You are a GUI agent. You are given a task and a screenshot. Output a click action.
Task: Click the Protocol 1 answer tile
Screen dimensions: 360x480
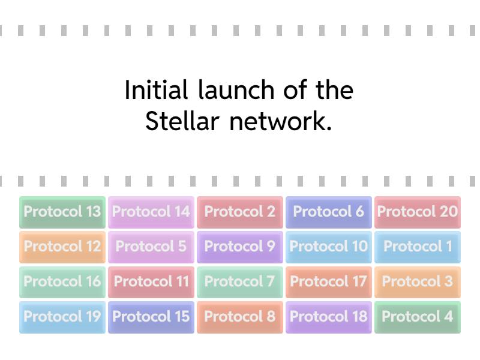coord(418,247)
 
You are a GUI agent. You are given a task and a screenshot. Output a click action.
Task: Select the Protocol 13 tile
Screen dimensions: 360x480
coord(62,212)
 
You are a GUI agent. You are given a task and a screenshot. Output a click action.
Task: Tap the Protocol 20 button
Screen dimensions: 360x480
coord(418,212)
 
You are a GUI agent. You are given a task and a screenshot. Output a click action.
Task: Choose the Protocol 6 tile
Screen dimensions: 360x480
coord(329,212)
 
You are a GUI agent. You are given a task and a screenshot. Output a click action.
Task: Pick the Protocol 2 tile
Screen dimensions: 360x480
coord(240,212)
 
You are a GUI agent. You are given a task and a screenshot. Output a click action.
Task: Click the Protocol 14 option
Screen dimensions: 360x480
coord(151,212)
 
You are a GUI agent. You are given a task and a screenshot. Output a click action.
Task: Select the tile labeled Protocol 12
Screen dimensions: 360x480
coord(62,247)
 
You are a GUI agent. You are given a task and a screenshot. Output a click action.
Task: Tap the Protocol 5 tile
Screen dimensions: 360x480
coord(151,247)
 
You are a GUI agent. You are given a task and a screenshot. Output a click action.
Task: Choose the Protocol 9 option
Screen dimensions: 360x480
coord(240,247)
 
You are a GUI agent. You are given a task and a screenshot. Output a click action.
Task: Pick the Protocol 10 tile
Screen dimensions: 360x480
coord(329,247)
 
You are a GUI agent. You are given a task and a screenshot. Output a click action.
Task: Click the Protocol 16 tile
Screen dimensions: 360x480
coord(62,281)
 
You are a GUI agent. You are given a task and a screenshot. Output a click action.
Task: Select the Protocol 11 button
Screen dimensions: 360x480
coord(151,281)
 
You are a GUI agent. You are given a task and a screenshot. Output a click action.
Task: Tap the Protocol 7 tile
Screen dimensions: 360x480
coord(240,281)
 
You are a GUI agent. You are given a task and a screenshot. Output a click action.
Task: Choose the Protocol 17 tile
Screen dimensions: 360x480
coord(329,281)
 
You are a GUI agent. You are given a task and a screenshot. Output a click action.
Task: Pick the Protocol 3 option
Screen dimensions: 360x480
coord(418,281)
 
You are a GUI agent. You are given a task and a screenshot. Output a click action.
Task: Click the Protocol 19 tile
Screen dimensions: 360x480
coord(62,316)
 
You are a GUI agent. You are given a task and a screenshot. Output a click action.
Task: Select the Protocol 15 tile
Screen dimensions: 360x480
coord(151,316)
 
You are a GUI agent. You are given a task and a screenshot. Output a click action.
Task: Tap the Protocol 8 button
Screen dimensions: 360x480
coord(240,316)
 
